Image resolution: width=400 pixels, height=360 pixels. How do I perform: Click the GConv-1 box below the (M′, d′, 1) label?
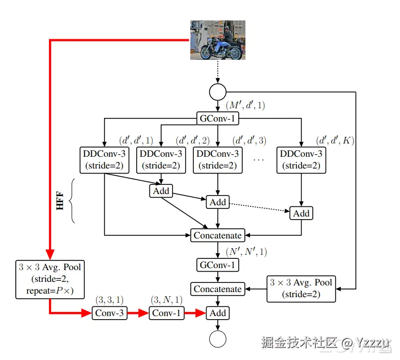217,118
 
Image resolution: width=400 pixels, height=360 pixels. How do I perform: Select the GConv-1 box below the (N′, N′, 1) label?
217,265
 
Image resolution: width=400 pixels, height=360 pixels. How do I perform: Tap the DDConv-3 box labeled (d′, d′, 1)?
104,160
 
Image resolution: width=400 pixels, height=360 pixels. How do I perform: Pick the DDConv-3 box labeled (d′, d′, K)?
301,160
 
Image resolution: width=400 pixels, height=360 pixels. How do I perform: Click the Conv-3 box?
109,313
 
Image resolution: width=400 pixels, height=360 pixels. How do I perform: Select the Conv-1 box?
166,313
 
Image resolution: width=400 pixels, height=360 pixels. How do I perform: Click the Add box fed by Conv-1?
217,313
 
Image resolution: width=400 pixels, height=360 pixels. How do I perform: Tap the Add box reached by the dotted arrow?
301,213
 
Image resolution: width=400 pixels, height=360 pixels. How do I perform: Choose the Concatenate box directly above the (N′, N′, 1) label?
217,235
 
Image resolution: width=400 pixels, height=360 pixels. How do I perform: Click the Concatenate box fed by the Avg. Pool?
217,289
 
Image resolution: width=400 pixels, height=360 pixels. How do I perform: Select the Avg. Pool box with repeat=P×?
50,279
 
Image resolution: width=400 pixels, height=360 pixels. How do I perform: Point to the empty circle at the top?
217,92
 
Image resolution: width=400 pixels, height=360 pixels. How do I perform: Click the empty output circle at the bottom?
217,339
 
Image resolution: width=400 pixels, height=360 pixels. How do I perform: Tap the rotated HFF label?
60,201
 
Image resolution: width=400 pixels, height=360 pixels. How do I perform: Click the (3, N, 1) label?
166,300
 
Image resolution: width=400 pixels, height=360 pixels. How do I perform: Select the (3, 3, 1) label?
109,300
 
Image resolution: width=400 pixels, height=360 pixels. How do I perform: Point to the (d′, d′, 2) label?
193,141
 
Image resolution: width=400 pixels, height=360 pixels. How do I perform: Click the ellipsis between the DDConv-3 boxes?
258,160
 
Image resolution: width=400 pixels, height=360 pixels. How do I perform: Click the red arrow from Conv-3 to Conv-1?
138,313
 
